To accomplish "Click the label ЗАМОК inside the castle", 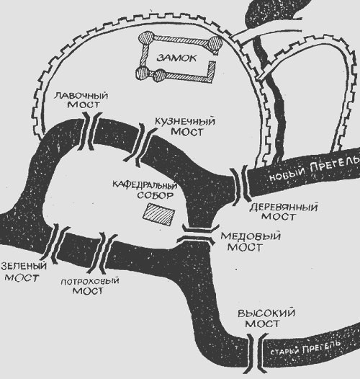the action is click(176, 58).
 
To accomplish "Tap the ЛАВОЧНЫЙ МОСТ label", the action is click(81, 100).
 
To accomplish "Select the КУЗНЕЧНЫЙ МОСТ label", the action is click(185, 127).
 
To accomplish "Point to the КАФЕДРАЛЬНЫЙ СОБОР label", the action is click(145, 190).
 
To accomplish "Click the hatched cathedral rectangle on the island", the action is click(159, 214).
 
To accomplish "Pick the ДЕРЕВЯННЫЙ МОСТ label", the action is click(283, 212).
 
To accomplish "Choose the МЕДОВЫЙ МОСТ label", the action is click(251, 242).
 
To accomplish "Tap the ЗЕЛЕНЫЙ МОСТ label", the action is click(23, 272).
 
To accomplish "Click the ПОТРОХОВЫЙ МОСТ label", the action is click(89, 286).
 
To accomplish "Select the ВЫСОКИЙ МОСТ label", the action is click(266, 318).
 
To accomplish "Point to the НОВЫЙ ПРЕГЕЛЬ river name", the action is click(314, 169).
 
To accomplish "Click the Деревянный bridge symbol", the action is click(240, 184).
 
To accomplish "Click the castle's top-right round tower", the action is click(215, 43).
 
